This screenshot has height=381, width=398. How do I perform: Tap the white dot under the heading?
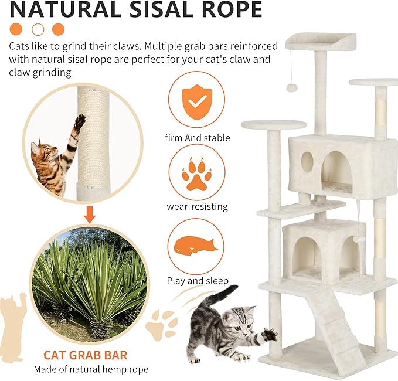click(x=38, y=29)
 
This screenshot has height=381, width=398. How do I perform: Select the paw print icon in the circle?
click(x=197, y=172)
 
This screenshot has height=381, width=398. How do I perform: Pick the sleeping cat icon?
click(x=196, y=245)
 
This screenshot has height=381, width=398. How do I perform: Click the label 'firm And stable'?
click(x=197, y=138)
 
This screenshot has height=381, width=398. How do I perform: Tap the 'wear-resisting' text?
click(x=197, y=206)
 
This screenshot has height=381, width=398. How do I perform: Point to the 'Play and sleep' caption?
click(x=197, y=281)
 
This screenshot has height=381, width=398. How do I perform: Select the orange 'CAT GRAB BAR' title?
click(x=85, y=355)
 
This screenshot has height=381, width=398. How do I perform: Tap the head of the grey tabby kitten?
click(x=243, y=320)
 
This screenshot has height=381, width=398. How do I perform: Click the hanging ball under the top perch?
click(x=291, y=87)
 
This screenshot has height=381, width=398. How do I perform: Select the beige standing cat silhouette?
click(x=13, y=328)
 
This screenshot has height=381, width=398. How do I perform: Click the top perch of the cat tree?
click(x=321, y=41)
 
